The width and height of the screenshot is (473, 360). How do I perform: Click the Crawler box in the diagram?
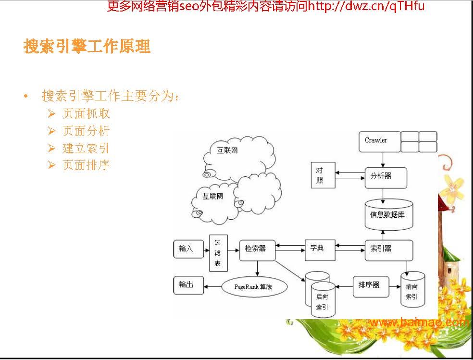pos(380,141)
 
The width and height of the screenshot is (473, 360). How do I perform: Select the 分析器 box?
pos(386,178)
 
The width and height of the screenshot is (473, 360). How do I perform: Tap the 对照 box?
pos(323,175)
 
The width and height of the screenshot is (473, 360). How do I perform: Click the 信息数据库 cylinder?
pos(389,214)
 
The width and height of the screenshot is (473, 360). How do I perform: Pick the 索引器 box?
pos(389,250)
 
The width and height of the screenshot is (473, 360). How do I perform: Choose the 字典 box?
pos(320,250)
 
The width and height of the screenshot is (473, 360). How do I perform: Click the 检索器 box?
pos(257,250)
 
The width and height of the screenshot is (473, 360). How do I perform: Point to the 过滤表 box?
pos(218,253)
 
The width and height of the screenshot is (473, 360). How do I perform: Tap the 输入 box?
pos(188,249)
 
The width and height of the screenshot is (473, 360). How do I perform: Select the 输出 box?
pos(188,285)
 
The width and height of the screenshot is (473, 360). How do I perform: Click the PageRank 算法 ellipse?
pos(254,287)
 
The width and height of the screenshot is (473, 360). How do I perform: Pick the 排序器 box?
pos(371,286)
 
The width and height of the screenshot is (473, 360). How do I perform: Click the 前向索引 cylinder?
pos(412,289)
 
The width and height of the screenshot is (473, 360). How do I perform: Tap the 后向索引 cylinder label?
pos(322,302)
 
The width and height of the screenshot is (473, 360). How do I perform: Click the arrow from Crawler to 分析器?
pos(383,160)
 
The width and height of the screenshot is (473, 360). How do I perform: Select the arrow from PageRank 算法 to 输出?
pos(212,286)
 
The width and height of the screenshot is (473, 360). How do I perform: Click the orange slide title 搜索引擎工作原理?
pos(87,47)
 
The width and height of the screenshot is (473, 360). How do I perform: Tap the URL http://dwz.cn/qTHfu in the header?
pos(366,6)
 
